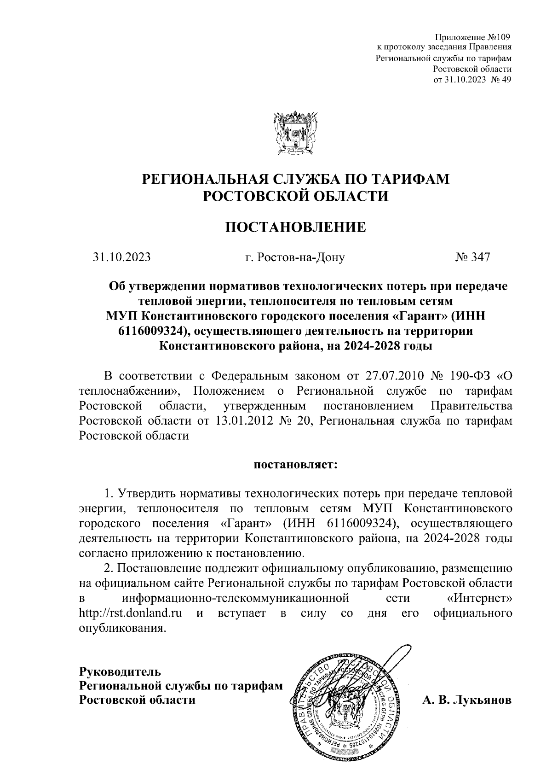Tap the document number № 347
pyautogui.click(x=473, y=257)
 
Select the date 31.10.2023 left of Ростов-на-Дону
pyautogui.click(x=121, y=257)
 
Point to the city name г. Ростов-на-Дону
pyautogui.click(x=295, y=257)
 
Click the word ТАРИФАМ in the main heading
pyautogui.click(x=406, y=179)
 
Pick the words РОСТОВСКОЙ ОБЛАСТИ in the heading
pyautogui.click(x=295, y=196)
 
